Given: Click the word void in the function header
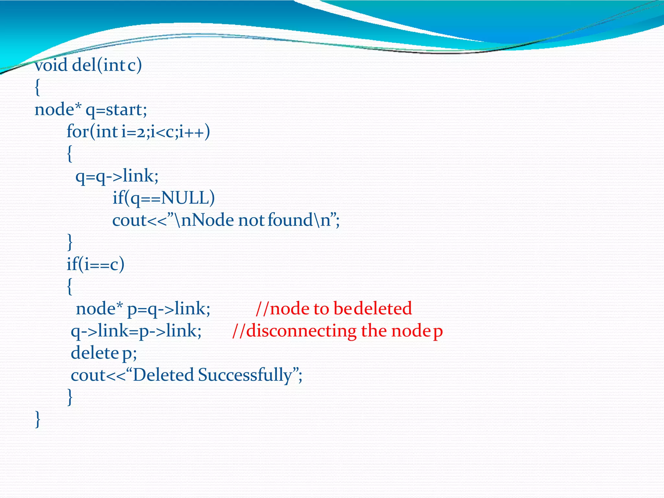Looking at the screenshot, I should coord(51,65).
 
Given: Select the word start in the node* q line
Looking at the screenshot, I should coord(124,110).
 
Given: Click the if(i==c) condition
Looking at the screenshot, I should coord(96,265).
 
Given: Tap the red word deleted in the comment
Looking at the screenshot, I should coord(383,308).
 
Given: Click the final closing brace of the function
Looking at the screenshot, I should coord(38,420).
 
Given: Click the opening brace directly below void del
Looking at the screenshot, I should coord(38,88).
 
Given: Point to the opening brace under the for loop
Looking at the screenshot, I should coord(69,154).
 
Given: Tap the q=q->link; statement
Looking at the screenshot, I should coord(117,176).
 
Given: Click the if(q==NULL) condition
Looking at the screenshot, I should coord(163,198).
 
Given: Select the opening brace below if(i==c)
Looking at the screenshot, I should coord(69,287).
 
